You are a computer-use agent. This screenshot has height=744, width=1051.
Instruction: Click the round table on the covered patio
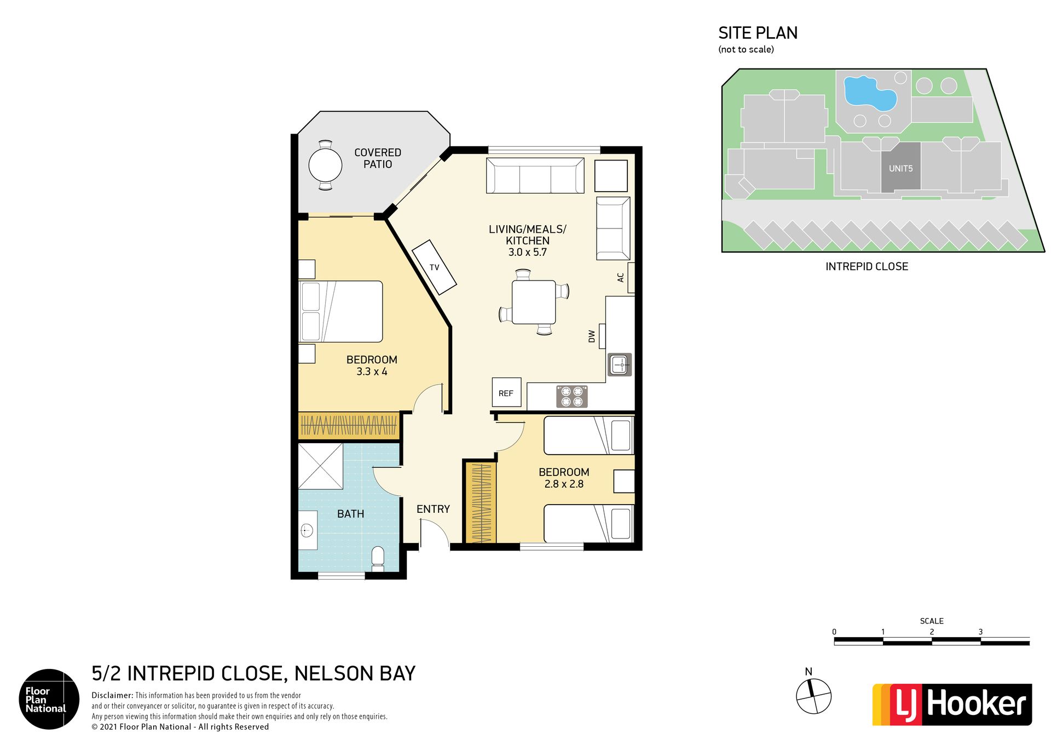click(x=325, y=165)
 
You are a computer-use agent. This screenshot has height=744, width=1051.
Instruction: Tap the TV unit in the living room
click(x=434, y=267)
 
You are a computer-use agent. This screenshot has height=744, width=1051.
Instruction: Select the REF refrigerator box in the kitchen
click(x=506, y=392)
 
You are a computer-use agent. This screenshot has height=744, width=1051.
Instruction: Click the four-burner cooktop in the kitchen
click(x=572, y=397)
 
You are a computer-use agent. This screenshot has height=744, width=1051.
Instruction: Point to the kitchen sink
click(x=620, y=364)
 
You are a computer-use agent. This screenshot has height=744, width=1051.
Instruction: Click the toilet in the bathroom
click(x=378, y=559)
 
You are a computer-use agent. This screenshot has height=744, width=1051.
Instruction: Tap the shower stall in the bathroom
click(x=320, y=466)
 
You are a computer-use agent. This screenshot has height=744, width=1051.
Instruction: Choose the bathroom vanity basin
click(x=308, y=530)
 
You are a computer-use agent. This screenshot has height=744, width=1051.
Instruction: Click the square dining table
click(x=534, y=302)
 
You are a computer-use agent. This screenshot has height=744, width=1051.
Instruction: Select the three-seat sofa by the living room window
click(x=535, y=175)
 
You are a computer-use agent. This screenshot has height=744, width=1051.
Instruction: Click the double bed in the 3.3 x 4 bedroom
click(x=340, y=312)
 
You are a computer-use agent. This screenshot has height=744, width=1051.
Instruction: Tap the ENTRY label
click(x=433, y=509)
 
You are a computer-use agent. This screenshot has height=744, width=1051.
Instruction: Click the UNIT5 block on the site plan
click(x=901, y=167)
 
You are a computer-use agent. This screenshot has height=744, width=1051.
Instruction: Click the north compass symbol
click(x=813, y=696)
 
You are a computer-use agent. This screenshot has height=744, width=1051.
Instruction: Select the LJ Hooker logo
click(x=952, y=705)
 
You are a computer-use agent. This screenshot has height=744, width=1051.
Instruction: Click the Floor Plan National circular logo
click(x=49, y=699)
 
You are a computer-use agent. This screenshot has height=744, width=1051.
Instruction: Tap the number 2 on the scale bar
click(x=932, y=632)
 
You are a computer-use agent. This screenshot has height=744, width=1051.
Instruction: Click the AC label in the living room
click(x=620, y=278)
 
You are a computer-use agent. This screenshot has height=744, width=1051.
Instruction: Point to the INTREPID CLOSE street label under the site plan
click(x=867, y=267)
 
